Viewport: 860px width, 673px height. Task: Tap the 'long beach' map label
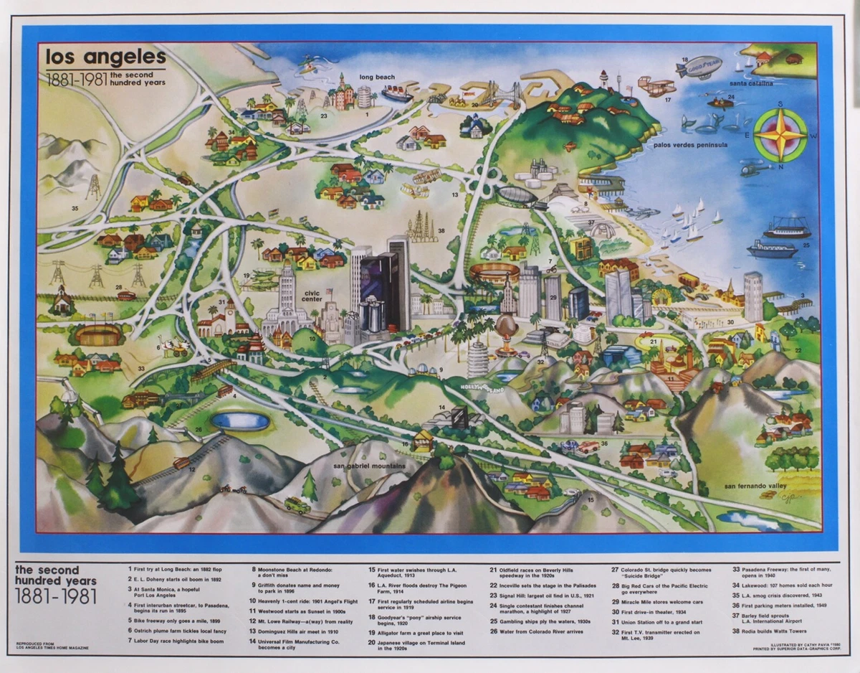[376, 77]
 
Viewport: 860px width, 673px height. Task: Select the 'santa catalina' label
[751, 83]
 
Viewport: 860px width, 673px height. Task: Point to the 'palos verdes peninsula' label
[690, 144]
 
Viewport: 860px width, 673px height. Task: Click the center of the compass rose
[780, 135]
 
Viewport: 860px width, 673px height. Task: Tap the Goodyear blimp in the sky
[699, 68]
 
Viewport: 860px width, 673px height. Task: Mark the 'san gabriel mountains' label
[369, 466]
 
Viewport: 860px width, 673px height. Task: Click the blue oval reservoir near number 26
[240, 421]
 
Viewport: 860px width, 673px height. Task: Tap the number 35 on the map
[75, 208]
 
